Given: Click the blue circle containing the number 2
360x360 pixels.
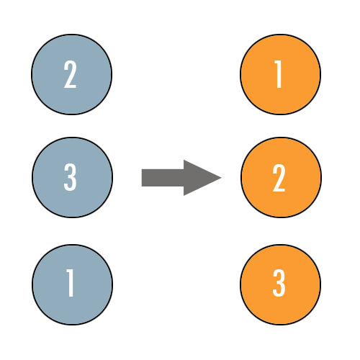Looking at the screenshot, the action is [72, 74].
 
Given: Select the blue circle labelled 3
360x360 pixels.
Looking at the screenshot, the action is [72, 177].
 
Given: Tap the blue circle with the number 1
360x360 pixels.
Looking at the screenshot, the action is [72, 284].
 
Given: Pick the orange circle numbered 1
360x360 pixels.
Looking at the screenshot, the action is [281, 74].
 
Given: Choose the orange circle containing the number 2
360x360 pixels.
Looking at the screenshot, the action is [281, 177].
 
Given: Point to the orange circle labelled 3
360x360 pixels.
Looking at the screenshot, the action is [281, 284].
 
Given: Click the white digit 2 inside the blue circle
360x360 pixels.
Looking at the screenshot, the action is [70, 74].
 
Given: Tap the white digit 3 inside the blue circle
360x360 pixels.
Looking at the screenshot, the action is [70, 177].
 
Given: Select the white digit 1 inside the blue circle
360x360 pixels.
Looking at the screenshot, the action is [70, 283].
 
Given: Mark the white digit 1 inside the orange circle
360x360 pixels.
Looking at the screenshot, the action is [278, 74].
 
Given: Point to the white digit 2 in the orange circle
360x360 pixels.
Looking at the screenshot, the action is [279, 178].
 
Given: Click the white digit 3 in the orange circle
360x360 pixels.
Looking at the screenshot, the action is [279, 283].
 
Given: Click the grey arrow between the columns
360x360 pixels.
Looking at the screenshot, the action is [181, 178].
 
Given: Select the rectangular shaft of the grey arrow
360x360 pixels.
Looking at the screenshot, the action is [163, 178].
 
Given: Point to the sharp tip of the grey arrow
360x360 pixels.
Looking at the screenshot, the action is [221, 178].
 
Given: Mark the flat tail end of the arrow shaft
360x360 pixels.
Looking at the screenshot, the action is [142, 178].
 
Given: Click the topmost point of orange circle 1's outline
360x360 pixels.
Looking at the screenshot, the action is [281, 35].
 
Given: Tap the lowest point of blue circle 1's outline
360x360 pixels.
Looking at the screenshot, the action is [72, 325].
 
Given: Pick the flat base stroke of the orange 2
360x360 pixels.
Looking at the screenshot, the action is [279, 190].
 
